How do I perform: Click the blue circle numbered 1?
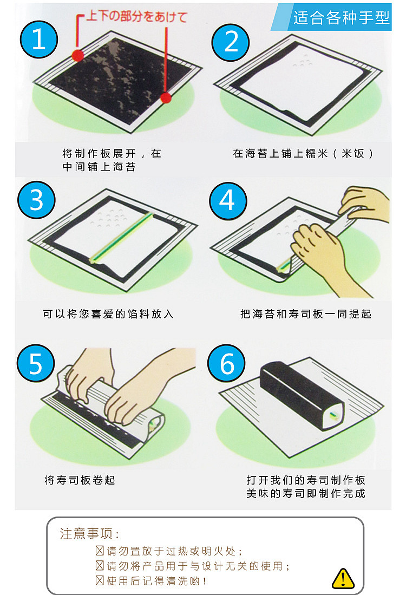click(x=38, y=40)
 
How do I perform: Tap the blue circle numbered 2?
click(x=231, y=42)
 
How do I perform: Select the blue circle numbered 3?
click(x=36, y=200)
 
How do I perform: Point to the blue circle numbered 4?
click(x=228, y=200)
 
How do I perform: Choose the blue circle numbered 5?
click(x=36, y=363)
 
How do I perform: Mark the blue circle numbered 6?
click(x=226, y=363)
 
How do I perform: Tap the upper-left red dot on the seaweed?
click(x=78, y=55)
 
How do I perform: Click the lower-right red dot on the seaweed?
click(x=166, y=98)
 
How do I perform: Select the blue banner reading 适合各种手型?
click(x=331, y=17)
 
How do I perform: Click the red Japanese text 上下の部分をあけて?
click(x=136, y=16)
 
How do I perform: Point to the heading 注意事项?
click(x=89, y=533)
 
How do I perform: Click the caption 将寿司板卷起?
click(x=80, y=480)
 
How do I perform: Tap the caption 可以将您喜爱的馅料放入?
click(x=108, y=314)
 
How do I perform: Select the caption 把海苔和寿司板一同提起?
click(x=306, y=314)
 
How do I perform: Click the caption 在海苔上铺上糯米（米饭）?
click(x=303, y=153)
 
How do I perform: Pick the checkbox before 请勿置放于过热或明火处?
click(x=100, y=550)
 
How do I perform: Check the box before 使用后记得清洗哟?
click(x=100, y=580)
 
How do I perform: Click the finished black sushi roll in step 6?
click(x=302, y=395)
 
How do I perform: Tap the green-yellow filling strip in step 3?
click(x=121, y=238)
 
